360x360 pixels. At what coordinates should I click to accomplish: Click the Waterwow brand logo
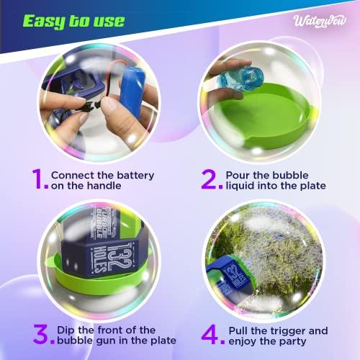point(320,19)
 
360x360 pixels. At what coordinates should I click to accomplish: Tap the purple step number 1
point(40,180)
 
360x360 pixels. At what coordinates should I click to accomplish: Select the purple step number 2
point(209,180)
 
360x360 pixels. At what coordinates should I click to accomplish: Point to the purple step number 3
point(41,334)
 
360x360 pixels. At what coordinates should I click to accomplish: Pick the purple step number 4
point(210,334)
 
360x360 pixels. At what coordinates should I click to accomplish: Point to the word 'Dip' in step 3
point(67,330)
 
